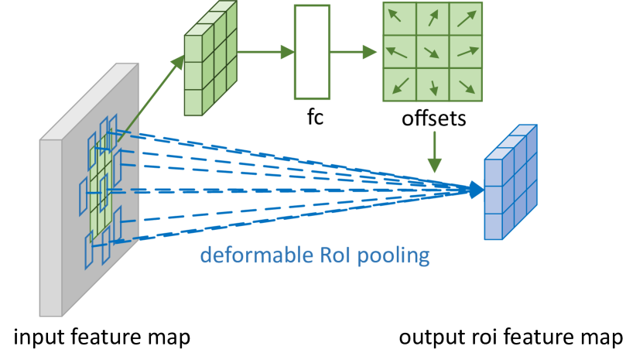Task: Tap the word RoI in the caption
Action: [333, 255]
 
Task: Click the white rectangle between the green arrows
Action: [312, 52]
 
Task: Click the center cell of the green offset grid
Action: [433, 52]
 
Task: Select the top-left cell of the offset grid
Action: [400, 19]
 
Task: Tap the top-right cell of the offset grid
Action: [466, 19]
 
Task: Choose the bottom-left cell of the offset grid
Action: [400, 85]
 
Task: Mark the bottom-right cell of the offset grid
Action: [466, 85]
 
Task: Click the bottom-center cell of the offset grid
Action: [433, 85]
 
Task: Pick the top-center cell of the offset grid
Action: [433, 19]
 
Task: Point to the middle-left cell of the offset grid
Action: [400, 52]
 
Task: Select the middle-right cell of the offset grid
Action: [466, 52]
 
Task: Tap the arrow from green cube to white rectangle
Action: [265, 52]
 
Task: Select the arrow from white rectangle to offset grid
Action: [354, 52]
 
